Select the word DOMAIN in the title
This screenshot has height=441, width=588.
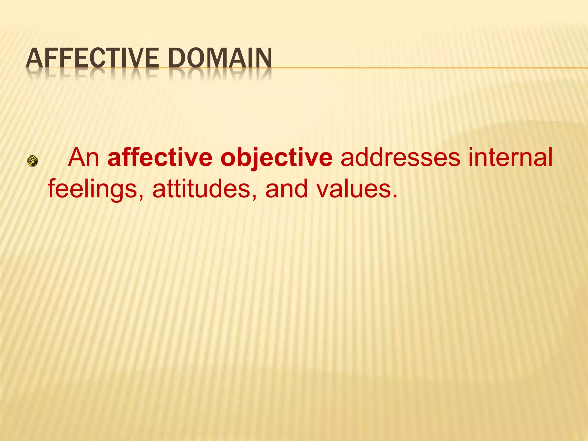[x=220, y=58]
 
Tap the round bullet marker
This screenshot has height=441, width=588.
[x=32, y=161]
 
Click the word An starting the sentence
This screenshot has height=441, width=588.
[x=83, y=157]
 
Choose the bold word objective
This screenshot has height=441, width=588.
[x=276, y=158]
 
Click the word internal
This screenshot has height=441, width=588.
[x=510, y=157]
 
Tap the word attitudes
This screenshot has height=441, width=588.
[x=201, y=189]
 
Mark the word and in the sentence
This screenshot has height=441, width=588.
[x=287, y=189]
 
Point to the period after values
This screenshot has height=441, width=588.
[x=395, y=196]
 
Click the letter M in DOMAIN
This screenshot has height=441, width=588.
[x=222, y=58]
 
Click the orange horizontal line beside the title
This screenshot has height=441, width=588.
[x=431, y=68]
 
